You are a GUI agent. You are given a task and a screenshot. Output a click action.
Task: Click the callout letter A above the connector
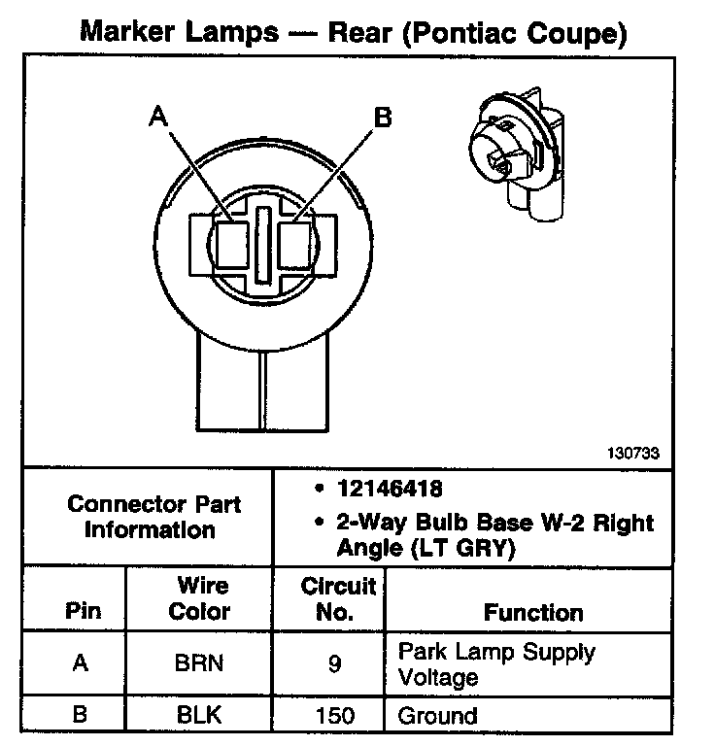(158, 118)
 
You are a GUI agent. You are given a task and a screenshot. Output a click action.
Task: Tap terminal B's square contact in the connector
(294, 243)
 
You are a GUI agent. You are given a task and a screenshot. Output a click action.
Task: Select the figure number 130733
(631, 453)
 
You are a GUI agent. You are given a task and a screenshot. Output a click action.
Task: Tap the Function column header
(532, 613)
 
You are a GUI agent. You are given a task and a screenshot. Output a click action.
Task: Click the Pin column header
(82, 613)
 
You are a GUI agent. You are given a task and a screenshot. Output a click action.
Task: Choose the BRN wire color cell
(199, 663)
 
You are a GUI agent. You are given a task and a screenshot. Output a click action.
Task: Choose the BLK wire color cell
(199, 715)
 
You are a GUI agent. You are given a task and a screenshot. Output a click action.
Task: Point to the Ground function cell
(438, 716)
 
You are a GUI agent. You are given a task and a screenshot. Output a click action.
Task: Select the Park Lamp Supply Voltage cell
(495, 663)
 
